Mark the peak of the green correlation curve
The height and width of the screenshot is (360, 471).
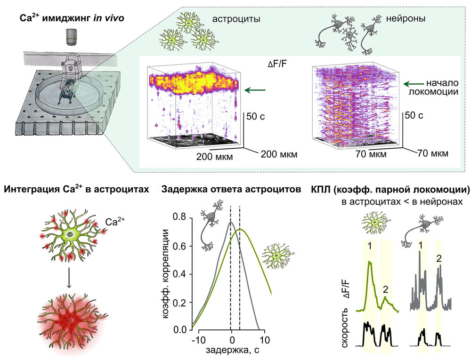coord(240,229)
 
